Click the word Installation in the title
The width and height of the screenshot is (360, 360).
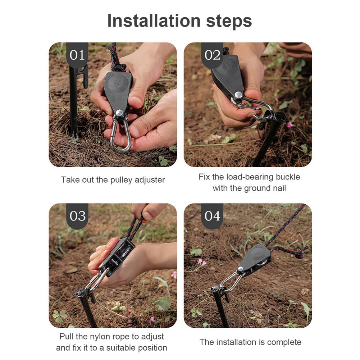click(154, 20)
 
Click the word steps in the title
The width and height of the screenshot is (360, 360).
click(229, 21)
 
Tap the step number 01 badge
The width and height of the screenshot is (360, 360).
click(77, 55)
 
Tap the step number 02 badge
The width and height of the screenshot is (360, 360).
click(212, 55)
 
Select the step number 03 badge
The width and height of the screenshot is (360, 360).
click(77, 216)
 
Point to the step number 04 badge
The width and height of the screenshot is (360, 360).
click(213, 216)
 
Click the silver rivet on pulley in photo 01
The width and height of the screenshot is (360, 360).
click(119, 113)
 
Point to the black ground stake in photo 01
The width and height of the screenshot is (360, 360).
click(74, 101)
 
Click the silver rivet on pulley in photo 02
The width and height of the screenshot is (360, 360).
click(238, 95)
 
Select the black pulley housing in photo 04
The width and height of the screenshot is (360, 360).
click(256, 258)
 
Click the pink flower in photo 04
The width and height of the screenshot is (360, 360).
click(201, 261)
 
